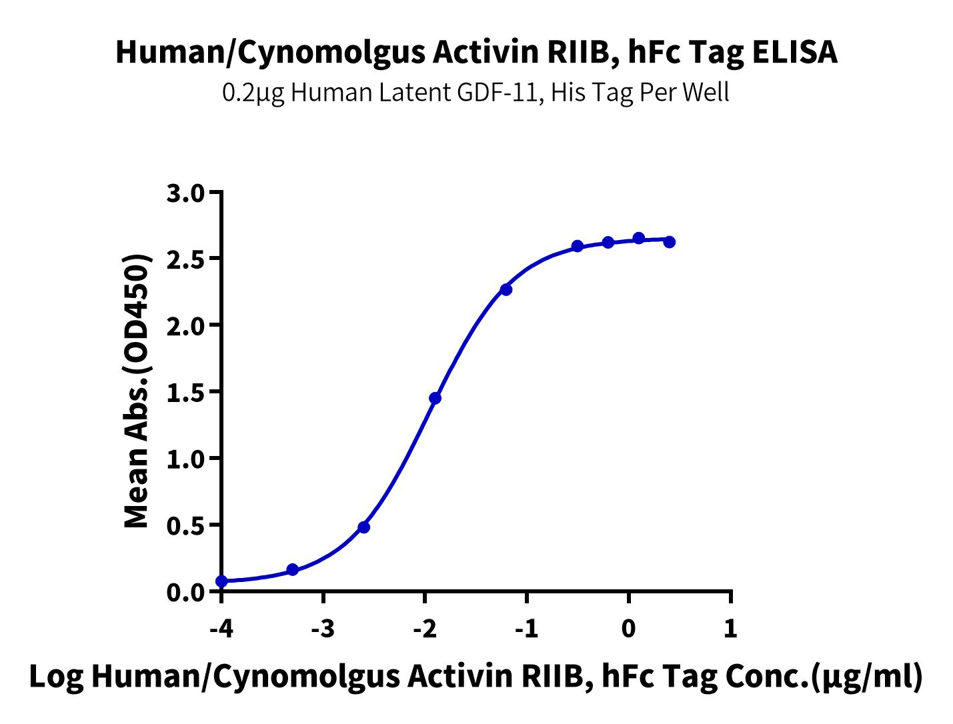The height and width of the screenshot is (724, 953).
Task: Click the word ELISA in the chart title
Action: [794, 52]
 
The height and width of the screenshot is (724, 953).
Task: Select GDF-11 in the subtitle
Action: [500, 93]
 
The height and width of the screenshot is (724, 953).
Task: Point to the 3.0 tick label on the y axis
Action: [185, 193]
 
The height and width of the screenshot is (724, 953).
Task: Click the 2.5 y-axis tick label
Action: [185, 259]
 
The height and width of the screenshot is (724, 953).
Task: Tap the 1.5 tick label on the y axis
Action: [185, 393]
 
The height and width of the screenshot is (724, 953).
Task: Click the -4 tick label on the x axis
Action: [221, 629]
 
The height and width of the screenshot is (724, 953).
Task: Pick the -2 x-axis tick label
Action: [425, 629]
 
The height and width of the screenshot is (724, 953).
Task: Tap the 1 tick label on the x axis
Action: [730, 629]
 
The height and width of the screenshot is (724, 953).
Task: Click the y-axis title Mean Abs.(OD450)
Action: [137, 391]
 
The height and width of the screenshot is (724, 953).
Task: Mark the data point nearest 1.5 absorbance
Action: [435, 398]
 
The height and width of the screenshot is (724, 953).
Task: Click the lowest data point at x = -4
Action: [221, 581]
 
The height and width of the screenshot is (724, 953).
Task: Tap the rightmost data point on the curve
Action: [670, 242]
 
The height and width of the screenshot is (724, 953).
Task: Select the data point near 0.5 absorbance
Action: [364, 527]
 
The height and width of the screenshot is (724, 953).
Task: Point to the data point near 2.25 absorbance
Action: [506, 289]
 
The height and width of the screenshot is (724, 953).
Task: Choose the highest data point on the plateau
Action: [639, 238]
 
